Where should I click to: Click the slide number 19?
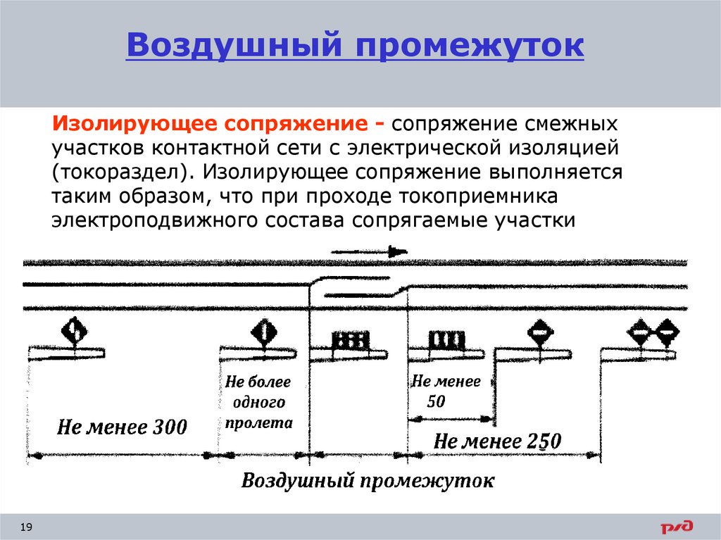[27, 527]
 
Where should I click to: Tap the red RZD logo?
[677, 526]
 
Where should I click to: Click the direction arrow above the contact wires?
[370, 251]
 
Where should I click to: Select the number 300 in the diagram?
[168, 426]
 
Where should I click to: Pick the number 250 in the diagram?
[541, 441]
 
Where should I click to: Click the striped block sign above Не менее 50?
[446, 341]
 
